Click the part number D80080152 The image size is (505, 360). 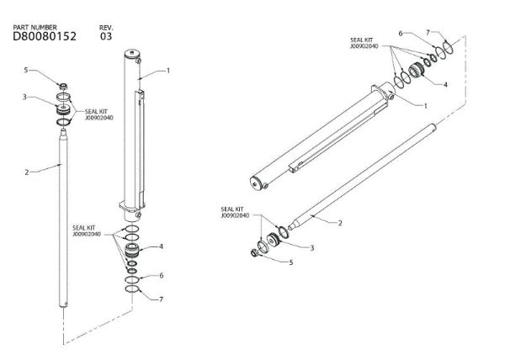(x=45, y=37)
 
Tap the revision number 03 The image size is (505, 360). (x=105, y=37)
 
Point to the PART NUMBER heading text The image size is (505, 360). (x=35, y=28)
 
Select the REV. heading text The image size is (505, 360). (x=104, y=28)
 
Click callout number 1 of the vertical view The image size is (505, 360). (x=167, y=71)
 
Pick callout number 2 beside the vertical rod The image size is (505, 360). (x=27, y=172)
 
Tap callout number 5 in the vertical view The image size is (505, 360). (x=26, y=70)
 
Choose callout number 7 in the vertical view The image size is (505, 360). (x=161, y=299)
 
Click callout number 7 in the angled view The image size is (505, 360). (x=428, y=33)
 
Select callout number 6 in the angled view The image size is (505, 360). (x=401, y=34)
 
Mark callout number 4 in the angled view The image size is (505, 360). (x=445, y=84)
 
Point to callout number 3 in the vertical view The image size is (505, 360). (x=26, y=98)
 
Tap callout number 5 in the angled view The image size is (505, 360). (x=291, y=262)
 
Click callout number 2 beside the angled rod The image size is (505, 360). (x=339, y=223)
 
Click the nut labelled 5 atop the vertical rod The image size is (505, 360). (x=62, y=85)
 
